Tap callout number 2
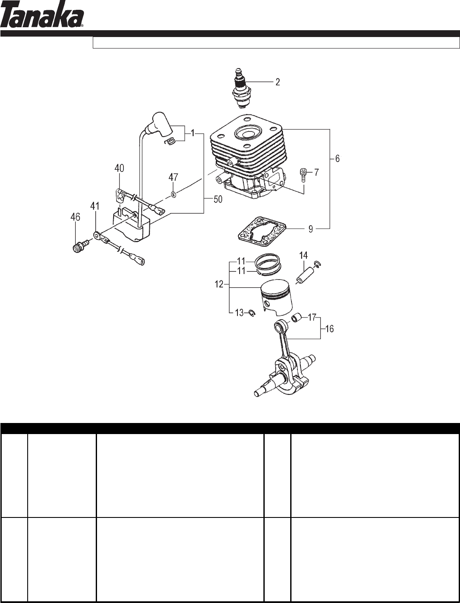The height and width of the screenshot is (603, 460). tap(277, 82)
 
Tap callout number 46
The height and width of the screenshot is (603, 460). tap(75, 217)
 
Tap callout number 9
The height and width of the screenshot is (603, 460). tap(311, 229)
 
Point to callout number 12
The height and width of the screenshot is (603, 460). tap(218, 284)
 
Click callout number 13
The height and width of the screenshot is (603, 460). tap(240, 313)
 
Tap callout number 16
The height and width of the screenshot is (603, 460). tap(329, 329)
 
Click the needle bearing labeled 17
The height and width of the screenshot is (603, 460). tap(296, 318)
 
